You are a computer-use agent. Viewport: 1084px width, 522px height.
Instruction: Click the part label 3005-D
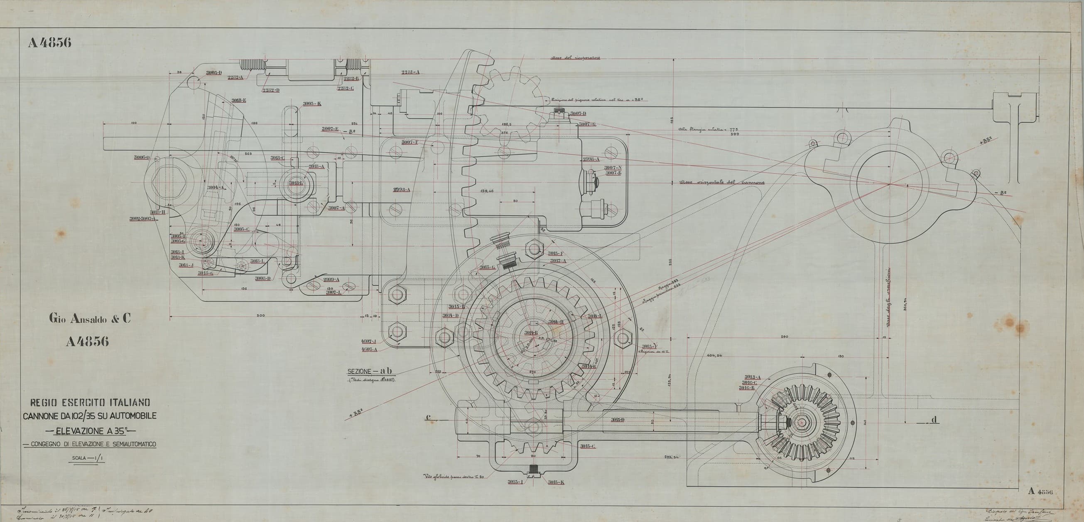[214, 73]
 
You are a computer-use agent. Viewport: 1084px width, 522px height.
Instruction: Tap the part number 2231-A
[410, 72]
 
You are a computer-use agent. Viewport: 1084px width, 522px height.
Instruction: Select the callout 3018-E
[238, 100]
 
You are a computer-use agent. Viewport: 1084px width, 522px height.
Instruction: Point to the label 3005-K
[312, 104]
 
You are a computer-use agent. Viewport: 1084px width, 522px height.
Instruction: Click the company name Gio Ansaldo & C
[89, 319]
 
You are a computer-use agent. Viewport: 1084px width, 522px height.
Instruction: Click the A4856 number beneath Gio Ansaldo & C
[88, 341]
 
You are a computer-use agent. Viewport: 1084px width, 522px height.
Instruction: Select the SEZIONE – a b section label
[370, 371]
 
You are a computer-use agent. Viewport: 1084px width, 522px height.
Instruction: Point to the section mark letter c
[428, 417]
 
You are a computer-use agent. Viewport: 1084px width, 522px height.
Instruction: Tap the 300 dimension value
[260, 316]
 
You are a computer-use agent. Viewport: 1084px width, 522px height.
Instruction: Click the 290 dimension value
[784, 336]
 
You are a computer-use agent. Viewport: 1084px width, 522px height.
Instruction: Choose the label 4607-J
[369, 341]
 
